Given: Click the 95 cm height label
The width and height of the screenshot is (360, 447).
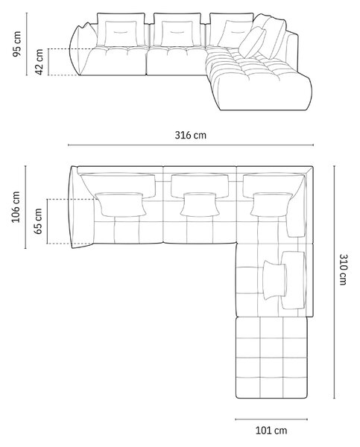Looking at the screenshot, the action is click(x=17, y=44).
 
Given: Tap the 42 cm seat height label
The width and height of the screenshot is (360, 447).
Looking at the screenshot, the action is click(x=39, y=62).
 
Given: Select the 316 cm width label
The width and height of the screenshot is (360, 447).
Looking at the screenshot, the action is click(x=191, y=135).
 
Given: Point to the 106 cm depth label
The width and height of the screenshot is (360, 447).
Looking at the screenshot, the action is click(x=16, y=206).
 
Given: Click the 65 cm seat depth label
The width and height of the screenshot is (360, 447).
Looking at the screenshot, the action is click(x=38, y=221).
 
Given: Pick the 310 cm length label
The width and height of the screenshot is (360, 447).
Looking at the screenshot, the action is click(x=343, y=270).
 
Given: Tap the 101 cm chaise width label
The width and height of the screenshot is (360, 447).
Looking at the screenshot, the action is click(x=271, y=430).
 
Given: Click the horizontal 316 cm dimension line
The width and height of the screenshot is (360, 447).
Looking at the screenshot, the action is click(x=191, y=145).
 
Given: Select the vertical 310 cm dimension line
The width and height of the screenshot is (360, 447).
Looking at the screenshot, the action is click(x=335, y=282).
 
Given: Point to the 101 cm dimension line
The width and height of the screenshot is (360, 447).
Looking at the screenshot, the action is click(x=271, y=419).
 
